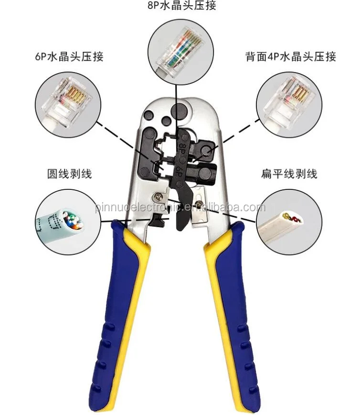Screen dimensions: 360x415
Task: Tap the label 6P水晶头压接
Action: pos(69,57)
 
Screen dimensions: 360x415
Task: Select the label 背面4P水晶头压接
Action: pos(290,57)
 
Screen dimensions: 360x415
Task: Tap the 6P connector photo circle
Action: pos(69,103)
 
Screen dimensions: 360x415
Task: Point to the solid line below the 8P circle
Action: pos(176,100)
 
